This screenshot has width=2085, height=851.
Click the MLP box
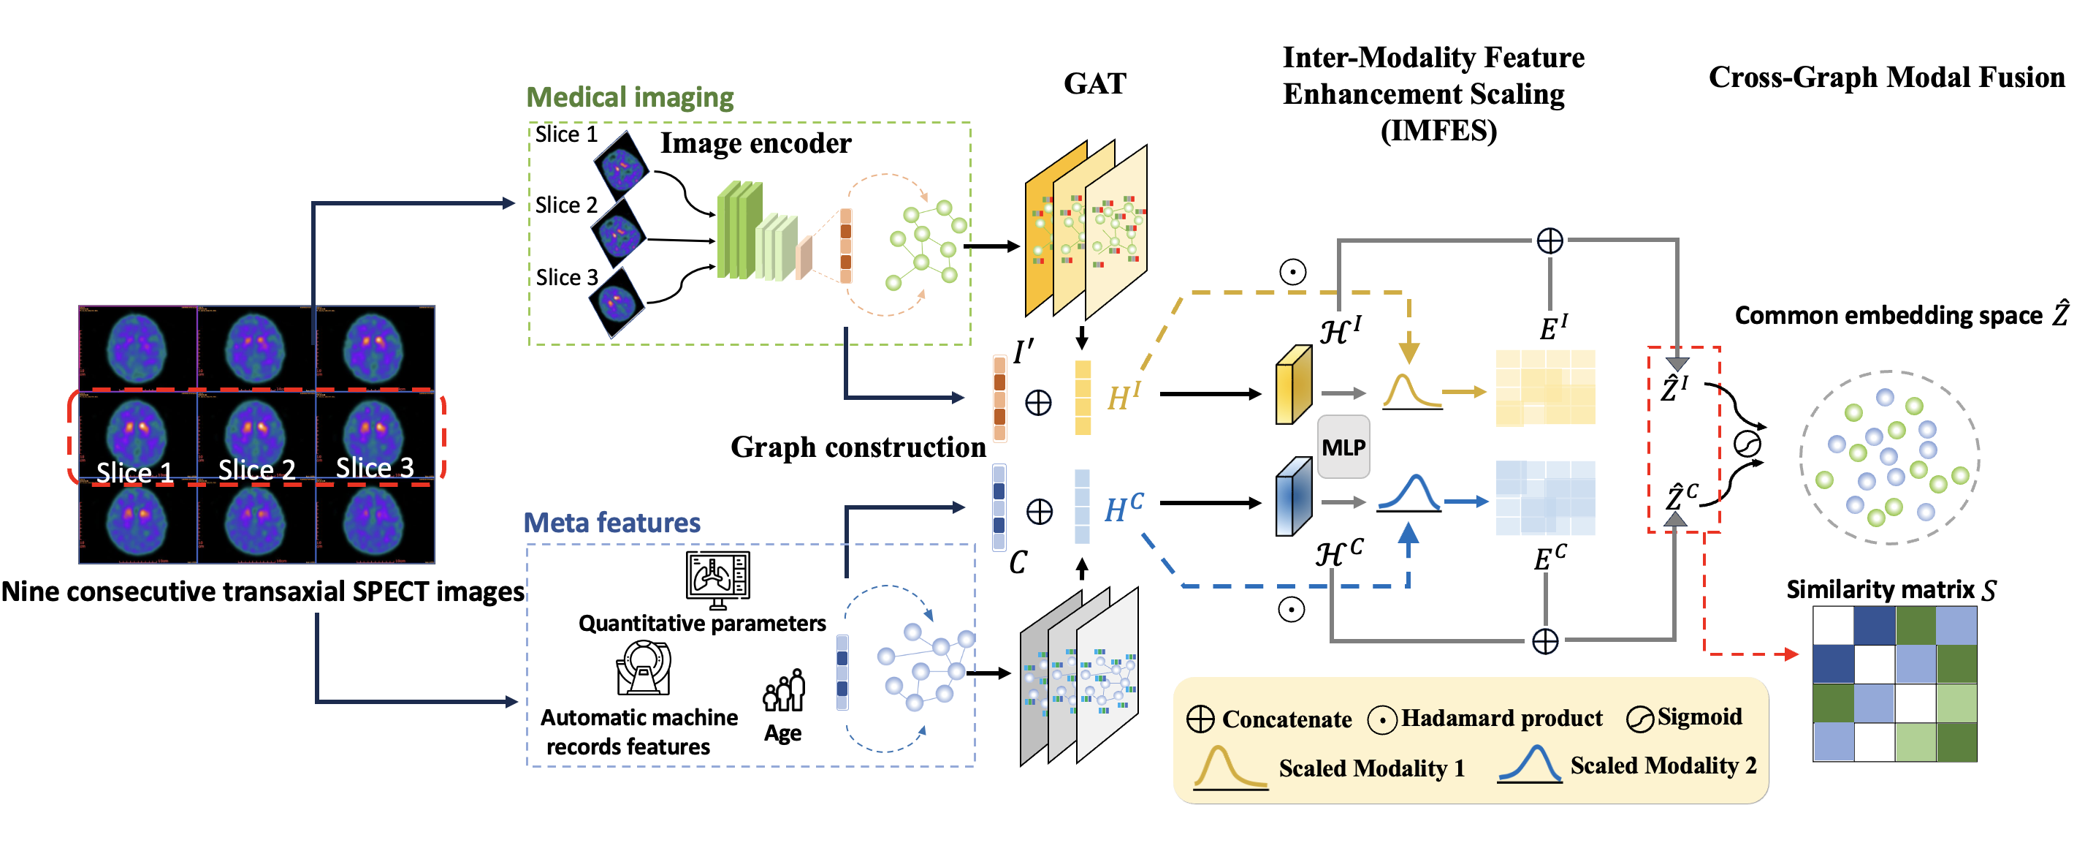1343,447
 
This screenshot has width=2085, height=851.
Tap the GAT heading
1094,83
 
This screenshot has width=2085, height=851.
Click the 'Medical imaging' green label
630,97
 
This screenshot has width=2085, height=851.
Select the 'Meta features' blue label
612,522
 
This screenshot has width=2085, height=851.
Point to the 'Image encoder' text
756,143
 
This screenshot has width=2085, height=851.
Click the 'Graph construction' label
858,447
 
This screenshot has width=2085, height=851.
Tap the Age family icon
783,691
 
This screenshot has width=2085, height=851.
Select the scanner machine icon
644,668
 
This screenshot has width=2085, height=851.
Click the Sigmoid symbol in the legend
1640,719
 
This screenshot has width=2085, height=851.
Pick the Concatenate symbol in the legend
1200,719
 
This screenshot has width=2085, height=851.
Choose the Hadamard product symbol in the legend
1382,719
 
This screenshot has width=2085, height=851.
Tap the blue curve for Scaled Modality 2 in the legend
1530,763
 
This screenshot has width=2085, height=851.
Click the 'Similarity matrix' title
1891,589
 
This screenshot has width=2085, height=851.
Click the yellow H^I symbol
1124,397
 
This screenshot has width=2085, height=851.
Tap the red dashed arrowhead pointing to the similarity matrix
1791,654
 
